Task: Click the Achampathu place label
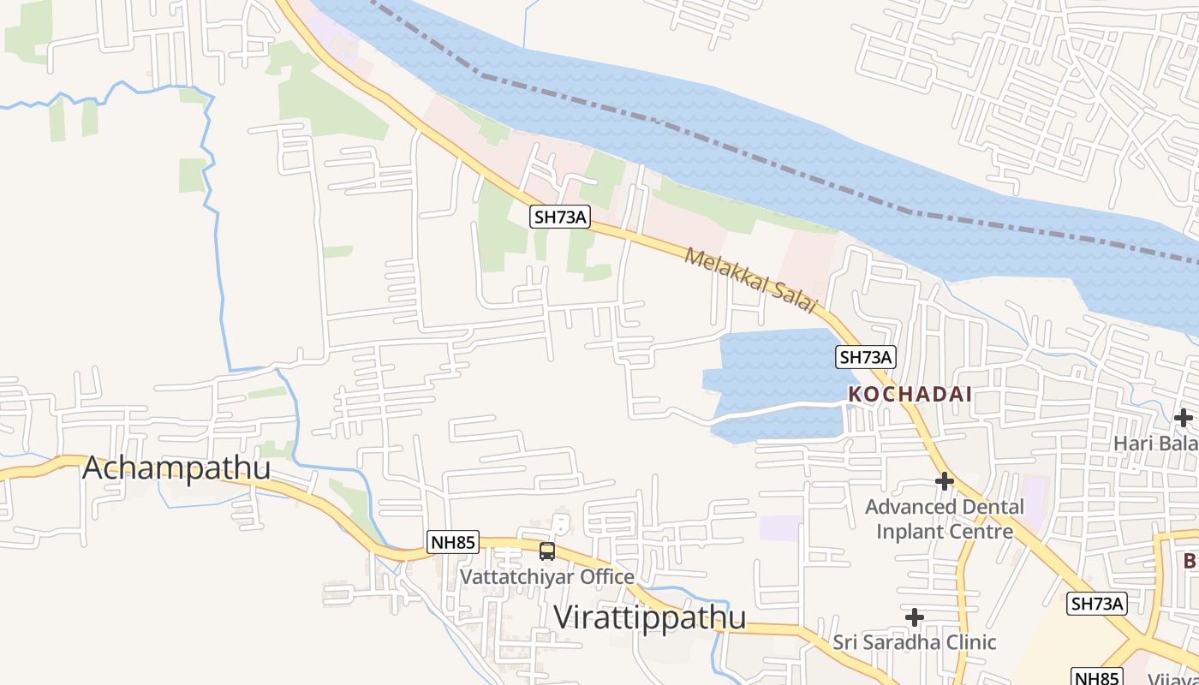pos(176,468)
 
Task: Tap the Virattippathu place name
pos(649,616)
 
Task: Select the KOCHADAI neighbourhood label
pos(910,395)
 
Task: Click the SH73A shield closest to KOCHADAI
pos(866,357)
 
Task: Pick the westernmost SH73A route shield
pos(560,217)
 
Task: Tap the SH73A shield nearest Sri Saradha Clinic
pos(1096,604)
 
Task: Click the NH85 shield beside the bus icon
pos(452,542)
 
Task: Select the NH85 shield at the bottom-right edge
pos(1096,677)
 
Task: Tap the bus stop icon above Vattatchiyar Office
pos(547,551)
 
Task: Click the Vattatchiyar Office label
pos(547,576)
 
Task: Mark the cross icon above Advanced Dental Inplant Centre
pos(945,481)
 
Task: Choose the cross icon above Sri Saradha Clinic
pos(915,616)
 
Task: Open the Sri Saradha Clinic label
pos(915,641)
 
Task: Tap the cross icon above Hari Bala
pos(1184,418)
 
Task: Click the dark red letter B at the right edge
pos(1190,561)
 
